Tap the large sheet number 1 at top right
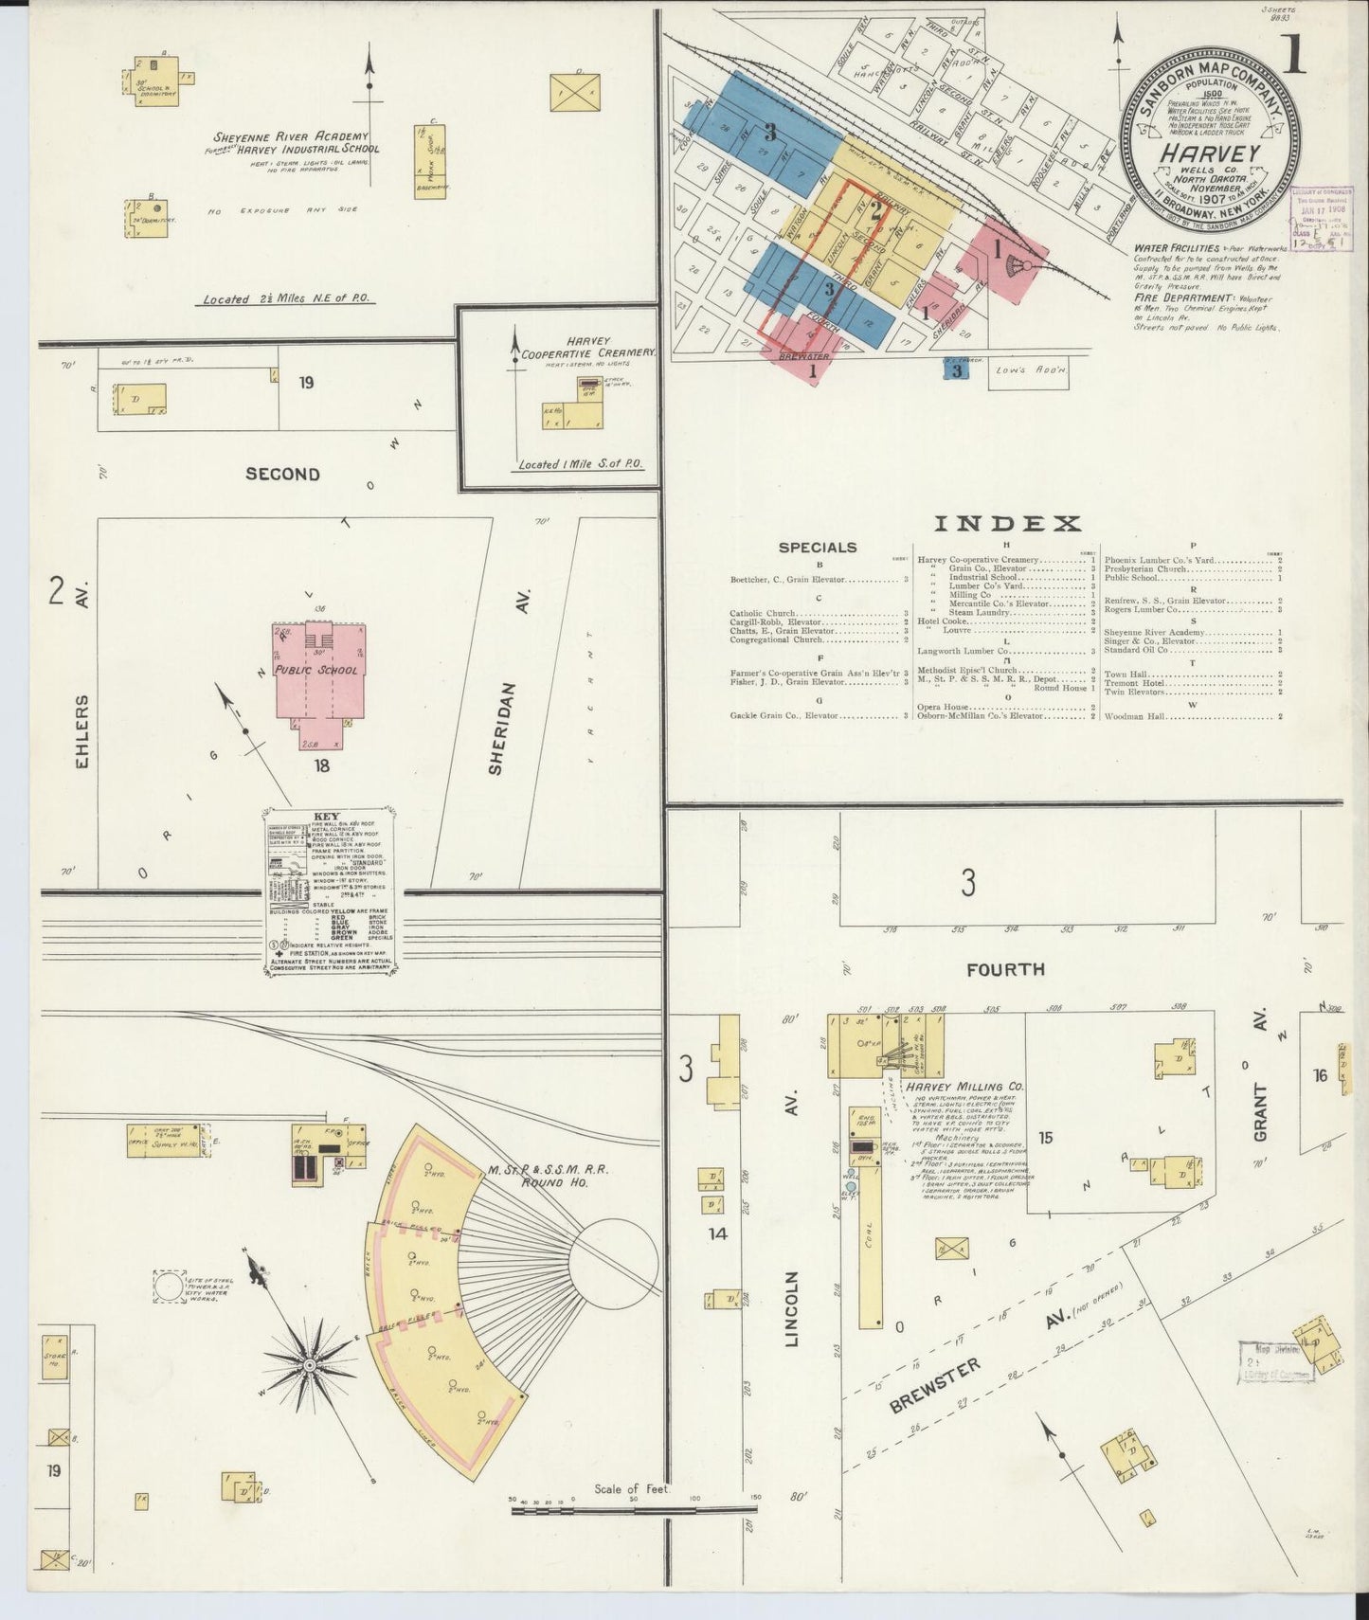(x=1292, y=55)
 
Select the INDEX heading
(x=1008, y=523)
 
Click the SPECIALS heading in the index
(x=818, y=548)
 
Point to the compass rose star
(x=309, y=1365)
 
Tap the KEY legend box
(x=330, y=891)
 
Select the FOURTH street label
(x=1005, y=969)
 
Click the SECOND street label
(x=282, y=474)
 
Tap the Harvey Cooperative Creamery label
(x=587, y=347)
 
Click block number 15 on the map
(x=1044, y=1138)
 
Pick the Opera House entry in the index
(x=943, y=707)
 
